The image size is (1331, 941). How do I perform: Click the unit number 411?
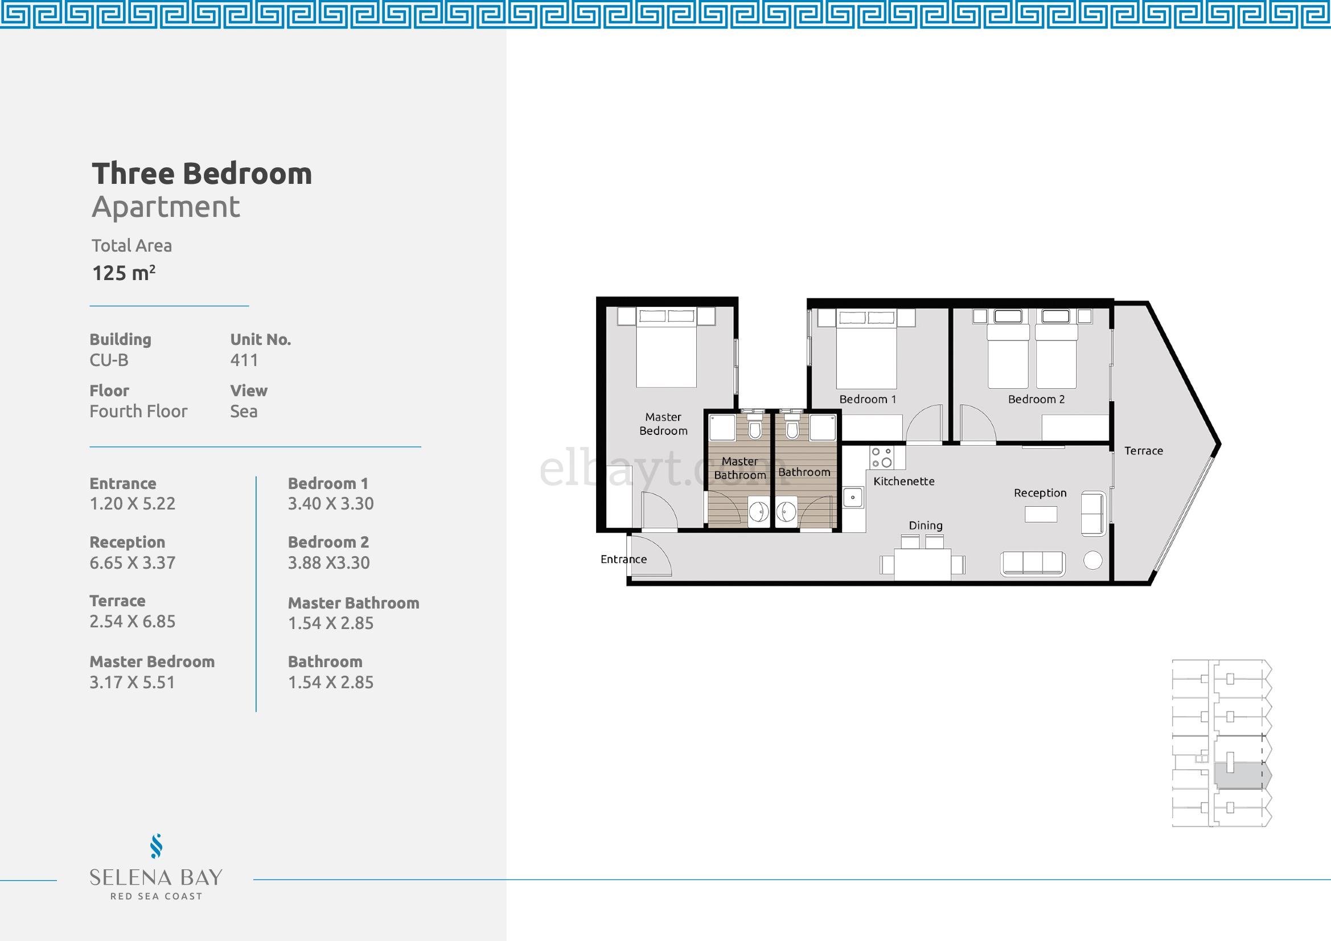coord(244,360)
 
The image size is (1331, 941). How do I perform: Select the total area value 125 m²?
coord(124,273)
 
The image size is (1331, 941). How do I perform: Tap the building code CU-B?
coord(109,360)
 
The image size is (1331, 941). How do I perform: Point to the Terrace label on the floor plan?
coord(1143,450)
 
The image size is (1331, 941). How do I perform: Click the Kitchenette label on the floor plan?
coord(904,481)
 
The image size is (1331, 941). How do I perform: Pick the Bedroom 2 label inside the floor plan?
coord(1036,399)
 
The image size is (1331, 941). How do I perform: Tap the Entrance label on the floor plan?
coord(623,559)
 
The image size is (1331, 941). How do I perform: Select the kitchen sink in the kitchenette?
coord(853,498)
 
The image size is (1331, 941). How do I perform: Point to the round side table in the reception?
coord(1092,560)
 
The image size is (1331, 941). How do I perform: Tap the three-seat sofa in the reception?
coord(1033,564)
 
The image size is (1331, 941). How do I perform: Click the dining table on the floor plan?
coord(922,564)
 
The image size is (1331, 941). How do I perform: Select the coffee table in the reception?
coord(1041,514)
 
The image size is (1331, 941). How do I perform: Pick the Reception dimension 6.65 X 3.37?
coord(132,562)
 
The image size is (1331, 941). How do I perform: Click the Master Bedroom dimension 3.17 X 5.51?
coord(132,682)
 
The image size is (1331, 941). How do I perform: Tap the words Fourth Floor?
coord(138,411)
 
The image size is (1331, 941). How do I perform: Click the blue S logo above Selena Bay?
coord(156,846)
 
